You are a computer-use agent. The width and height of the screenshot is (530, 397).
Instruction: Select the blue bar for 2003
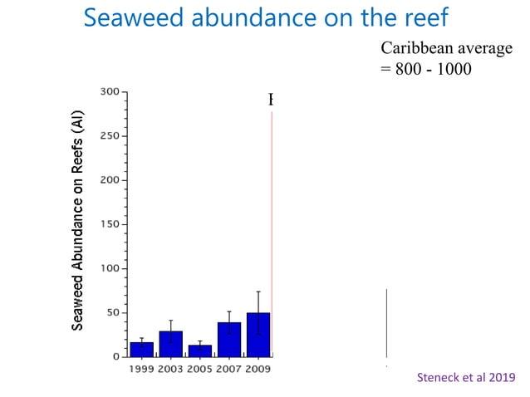170,344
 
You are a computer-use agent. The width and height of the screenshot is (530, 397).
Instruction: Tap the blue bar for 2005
199,350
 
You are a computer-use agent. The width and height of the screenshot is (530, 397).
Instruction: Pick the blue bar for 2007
229,340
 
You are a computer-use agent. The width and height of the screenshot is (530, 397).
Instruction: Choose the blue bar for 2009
258,335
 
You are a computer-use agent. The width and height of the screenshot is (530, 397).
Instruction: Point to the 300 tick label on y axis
109,91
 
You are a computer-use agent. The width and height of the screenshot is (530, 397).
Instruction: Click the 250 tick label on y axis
109,135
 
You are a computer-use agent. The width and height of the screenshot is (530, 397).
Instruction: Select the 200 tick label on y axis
109,179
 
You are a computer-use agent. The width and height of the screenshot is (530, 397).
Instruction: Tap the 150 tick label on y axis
109,224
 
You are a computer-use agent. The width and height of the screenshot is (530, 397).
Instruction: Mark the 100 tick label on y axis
109,268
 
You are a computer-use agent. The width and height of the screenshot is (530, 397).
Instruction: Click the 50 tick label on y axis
111,313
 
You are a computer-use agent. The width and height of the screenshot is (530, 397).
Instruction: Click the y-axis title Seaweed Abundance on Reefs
77,219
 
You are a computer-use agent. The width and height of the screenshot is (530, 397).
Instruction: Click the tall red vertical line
272,233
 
